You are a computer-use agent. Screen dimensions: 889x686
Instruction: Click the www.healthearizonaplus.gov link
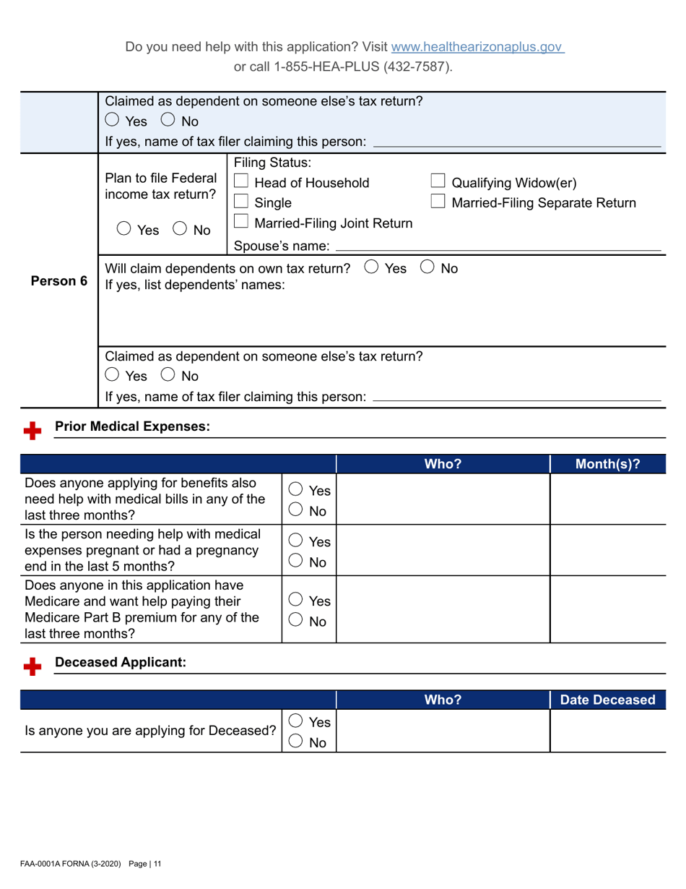[477, 47]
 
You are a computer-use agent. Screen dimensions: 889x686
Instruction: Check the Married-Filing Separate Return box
[438, 202]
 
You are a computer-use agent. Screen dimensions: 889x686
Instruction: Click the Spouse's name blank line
[498, 249]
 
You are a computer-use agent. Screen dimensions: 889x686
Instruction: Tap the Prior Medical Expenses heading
[132, 427]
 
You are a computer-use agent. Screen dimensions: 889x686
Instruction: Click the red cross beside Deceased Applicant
[31, 666]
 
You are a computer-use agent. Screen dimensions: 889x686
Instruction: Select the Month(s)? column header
[608, 464]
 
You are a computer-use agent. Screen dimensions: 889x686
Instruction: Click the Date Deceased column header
[608, 700]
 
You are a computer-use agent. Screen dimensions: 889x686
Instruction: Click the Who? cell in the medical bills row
[443, 499]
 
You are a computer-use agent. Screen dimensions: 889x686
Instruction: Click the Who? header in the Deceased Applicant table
[443, 700]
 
